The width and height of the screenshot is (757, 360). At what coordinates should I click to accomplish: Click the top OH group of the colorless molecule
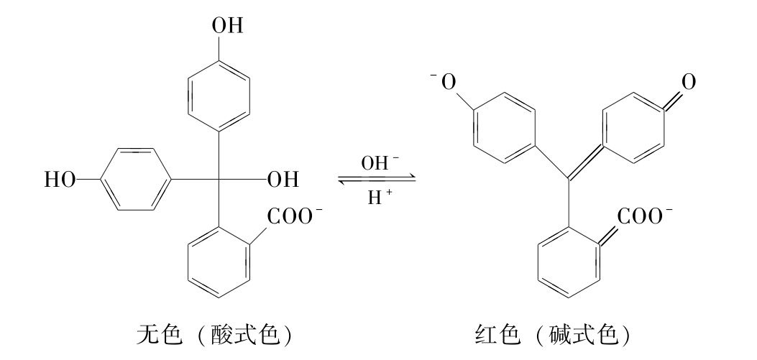(227, 27)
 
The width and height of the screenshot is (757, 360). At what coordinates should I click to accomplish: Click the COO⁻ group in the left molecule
(294, 216)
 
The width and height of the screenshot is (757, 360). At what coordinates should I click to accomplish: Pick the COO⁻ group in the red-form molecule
(644, 216)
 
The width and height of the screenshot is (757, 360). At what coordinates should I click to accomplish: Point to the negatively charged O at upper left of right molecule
(445, 83)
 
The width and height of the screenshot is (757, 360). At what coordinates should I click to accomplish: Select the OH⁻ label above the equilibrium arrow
(380, 164)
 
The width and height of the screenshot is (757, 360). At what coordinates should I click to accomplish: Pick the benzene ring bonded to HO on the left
(135, 180)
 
